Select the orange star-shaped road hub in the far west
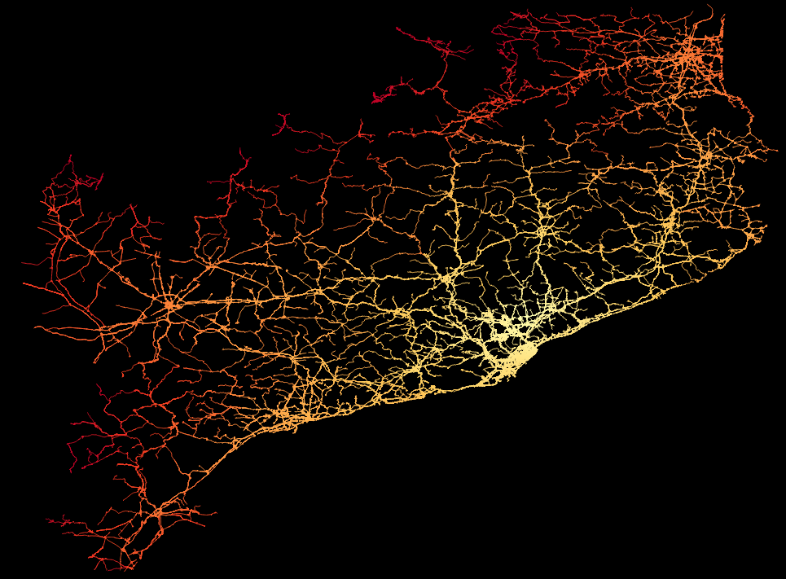pyautogui.click(x=169, y=305)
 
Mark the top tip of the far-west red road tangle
pyautogui.click(x=71, y=156)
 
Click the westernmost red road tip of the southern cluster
pyautogui.click(x=48, y=519)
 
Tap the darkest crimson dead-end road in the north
pyautogui.click(x=376, y=99)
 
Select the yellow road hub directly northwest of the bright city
pyautogui.click(x=447, y=278)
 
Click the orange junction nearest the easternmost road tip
pyautogui.click(x=708, y=155)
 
